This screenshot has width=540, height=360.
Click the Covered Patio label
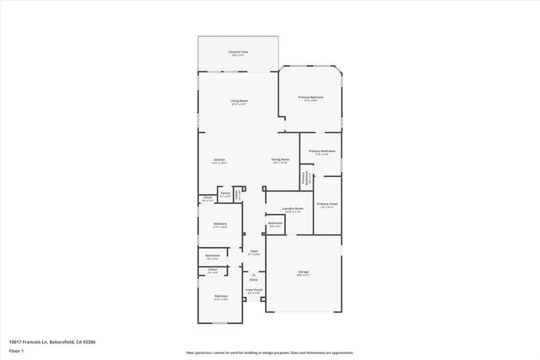[238, 52]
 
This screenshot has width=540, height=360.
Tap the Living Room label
[239, 101]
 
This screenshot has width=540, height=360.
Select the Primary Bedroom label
[310, 98]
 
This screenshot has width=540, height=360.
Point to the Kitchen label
[219, 159]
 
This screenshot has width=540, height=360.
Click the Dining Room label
[280, 159]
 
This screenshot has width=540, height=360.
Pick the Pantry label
[225, 194]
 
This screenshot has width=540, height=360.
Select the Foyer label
[253, 251]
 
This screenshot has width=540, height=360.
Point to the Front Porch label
[251, 289]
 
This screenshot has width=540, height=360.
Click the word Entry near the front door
[252, 279]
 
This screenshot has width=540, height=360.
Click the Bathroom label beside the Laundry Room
[275, 223]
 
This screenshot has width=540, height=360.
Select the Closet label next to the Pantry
[207, 198]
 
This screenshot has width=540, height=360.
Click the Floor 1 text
[16, 348]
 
